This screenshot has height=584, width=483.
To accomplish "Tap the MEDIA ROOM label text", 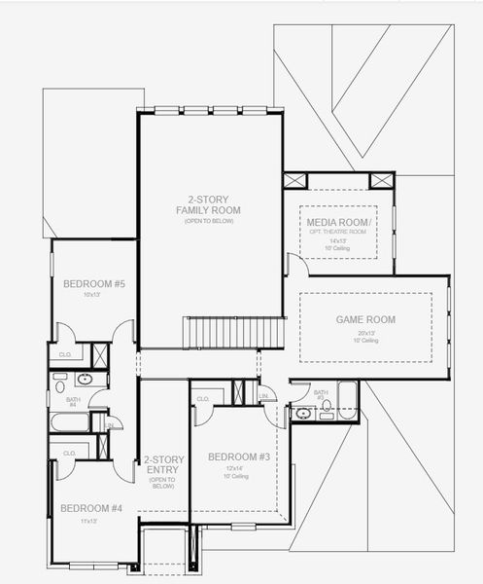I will click(x=337, y=222).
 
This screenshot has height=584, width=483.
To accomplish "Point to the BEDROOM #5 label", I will click(x=94, y=283).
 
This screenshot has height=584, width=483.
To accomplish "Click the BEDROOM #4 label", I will click(x=91, y=507).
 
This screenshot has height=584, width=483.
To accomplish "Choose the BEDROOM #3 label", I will click(x=239, y=456).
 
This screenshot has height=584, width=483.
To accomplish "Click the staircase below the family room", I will click(x=234, y=332).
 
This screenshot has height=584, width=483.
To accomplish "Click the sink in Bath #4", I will click(x=85, y=380).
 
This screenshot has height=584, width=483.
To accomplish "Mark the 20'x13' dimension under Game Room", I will click(x=365, y=332).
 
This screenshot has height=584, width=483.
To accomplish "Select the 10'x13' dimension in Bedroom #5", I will click(x=91, y=294).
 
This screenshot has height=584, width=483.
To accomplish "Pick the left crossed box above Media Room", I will click(x=295, y=181).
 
